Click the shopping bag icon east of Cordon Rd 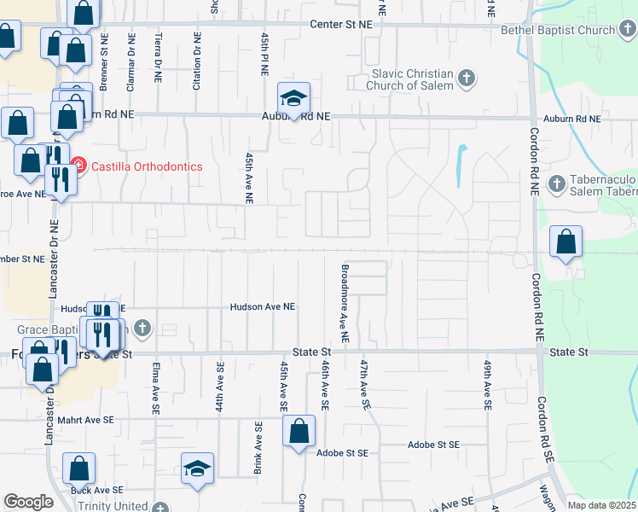pos(566,243)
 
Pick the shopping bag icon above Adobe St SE pos(299,433)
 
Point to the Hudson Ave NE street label pos(263,307)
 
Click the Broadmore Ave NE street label pos(345,303)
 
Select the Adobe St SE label pos(434,445)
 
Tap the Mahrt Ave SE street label pos(85,420)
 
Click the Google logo pos(28,503)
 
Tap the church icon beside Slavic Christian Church pos(467,79)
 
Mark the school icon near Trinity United pos(197,468)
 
